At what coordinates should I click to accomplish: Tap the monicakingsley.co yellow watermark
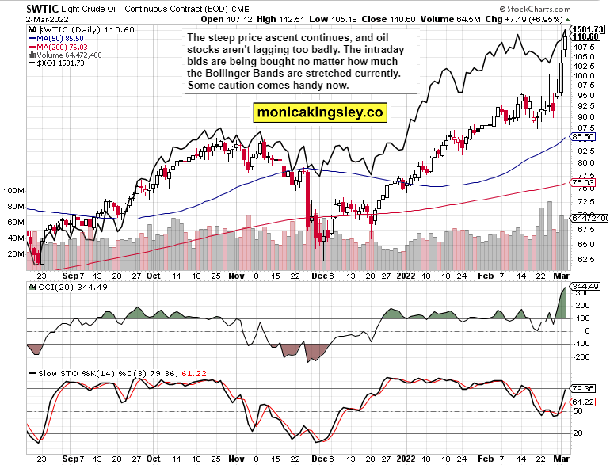point(319,113)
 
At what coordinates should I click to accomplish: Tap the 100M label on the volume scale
point(13,191)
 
